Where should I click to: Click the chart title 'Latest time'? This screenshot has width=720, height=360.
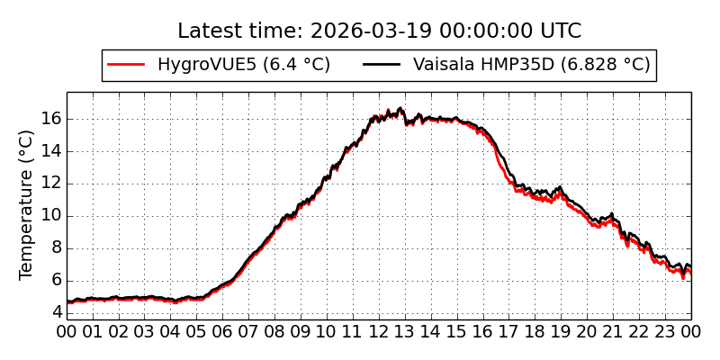click(379, 31)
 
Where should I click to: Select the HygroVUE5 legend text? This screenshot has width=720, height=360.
click(243, 65)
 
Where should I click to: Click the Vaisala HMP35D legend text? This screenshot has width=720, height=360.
click(531, 65)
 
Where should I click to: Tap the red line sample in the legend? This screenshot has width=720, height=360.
click(126, 65)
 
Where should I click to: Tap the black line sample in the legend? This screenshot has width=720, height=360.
click(382, 65)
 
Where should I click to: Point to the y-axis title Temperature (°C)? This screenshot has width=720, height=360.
click(27, 204)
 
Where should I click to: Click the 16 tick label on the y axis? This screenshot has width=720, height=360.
click(51, 119)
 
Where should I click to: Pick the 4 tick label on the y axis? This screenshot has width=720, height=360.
click(56, 312)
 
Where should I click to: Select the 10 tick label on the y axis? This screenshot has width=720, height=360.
click(51, 216)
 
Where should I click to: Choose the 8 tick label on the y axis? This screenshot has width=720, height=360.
click(56, 248)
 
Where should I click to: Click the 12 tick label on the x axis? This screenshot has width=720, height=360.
click(379, 331)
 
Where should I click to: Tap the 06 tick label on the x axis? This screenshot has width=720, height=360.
click(223, 331)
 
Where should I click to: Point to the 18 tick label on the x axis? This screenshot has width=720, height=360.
click(535, 331)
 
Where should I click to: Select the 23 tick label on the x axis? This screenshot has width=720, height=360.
click(665, 331)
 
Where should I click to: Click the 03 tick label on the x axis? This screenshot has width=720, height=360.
click(145, 331)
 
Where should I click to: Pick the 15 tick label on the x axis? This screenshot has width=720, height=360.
click(457, 331)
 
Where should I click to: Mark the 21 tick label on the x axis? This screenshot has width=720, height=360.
click(613, 331)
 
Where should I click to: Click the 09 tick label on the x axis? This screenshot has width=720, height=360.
click(301, 331)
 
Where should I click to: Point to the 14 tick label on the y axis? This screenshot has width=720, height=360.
click(51, 151)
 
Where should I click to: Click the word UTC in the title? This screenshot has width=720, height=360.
click(559, 31)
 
